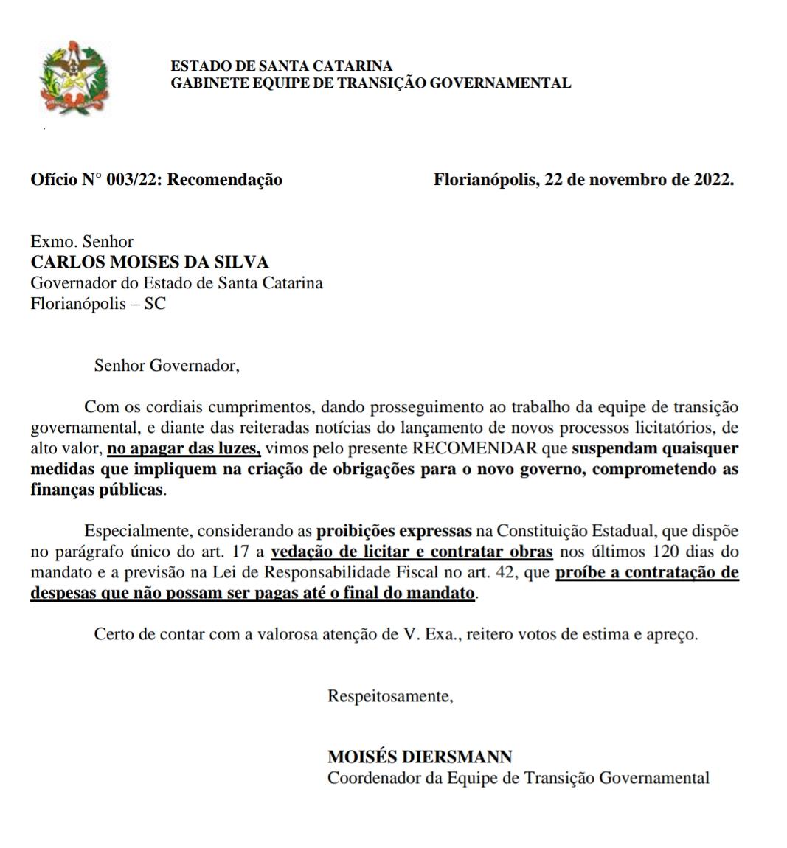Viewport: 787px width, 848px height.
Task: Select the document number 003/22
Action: click(x=133, y=179)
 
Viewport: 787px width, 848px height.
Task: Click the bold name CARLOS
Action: click(x=69, y=262)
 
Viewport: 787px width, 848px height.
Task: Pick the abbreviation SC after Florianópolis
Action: click(x=155, y=303)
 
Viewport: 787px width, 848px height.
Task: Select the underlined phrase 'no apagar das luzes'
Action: click(x=184, y=448)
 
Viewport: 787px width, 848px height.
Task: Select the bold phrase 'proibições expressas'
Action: click(x=394, y=531)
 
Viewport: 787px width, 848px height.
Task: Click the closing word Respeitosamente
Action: click(x=390, y=695)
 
